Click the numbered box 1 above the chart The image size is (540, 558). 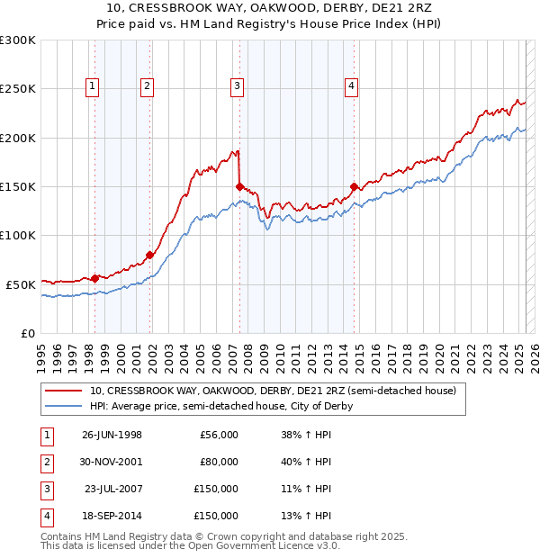click(94, 86)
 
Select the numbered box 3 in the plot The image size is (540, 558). click(237, 86)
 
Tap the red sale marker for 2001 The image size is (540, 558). click(150, 255)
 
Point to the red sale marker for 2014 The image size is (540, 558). click(354, 186)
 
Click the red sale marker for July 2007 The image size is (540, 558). click(239, 186)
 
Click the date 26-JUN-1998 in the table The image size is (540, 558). click(112, 435)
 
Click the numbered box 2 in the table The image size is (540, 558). click(45, 462)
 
